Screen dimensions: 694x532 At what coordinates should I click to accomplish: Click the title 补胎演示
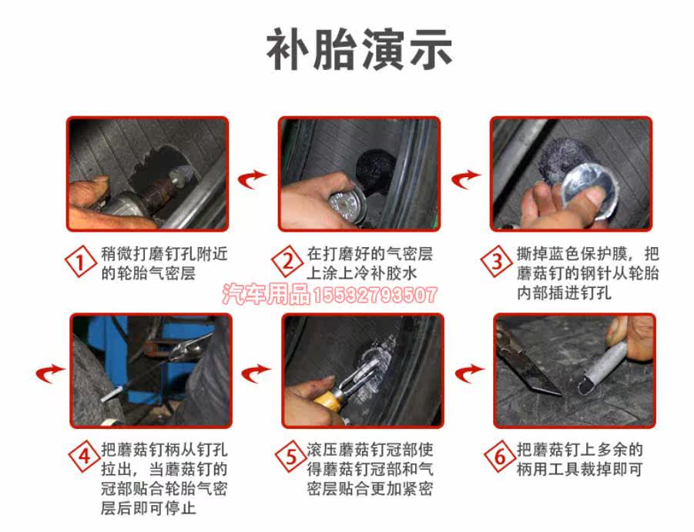[x=359, y=49]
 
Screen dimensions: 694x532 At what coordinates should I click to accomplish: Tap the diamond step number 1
[x=81, y=262]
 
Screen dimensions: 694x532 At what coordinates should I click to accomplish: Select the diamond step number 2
[x=288, y=262]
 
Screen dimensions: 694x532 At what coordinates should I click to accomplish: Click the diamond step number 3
[x=497, y=261]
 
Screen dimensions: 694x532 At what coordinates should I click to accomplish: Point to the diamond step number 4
[x=84, y=457]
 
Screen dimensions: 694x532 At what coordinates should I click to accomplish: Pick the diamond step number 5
[x=291, y=457]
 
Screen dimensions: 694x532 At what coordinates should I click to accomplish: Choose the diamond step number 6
[x=500, y=457]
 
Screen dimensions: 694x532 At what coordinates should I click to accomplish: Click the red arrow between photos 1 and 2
[x=253, y=179]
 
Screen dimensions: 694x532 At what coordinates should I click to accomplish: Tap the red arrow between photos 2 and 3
[x=465, y=179]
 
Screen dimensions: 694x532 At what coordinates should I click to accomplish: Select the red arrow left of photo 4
[x=50, y=373]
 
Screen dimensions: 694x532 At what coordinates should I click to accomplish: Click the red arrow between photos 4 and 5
[x=256, y=373]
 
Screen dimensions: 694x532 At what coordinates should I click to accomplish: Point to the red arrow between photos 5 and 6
[x=469, y=373]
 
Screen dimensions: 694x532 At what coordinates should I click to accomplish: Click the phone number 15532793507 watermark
[x=375, y=295]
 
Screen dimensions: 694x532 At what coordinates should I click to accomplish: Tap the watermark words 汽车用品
[x=267, y=294]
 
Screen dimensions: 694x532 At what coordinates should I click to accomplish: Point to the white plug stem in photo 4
[x=112, y=393]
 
